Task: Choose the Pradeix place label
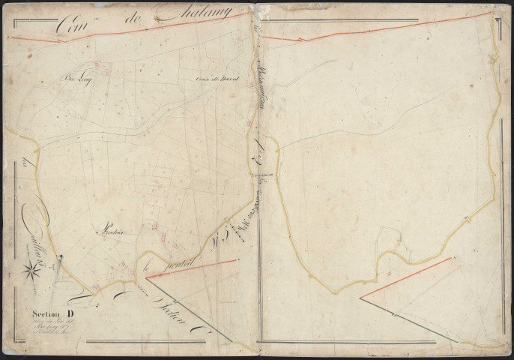point(110,232)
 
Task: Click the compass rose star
point(31,266)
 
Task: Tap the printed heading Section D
point(53,313)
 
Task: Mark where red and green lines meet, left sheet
point(146,277)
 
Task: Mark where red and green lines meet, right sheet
point(360,298)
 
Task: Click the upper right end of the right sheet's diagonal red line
point(452,258)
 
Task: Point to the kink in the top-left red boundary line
point(60,39)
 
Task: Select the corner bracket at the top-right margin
point(498,20)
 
